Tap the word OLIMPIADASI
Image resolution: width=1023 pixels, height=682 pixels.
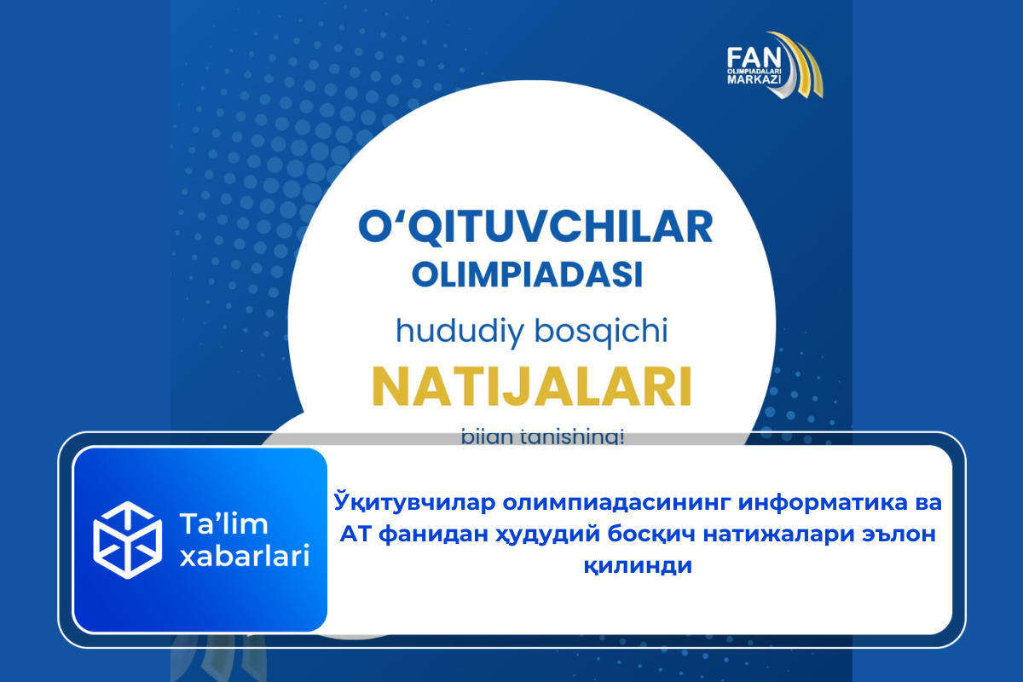[526, 275]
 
